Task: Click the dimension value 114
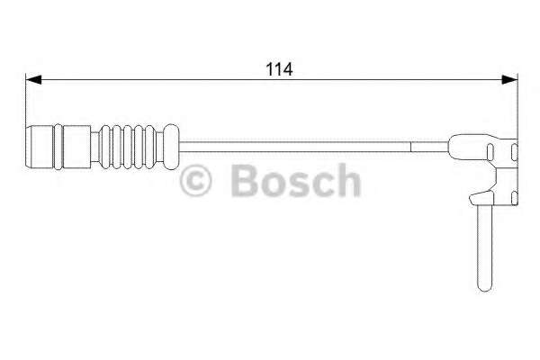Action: pyautogui.click(x=270, y=68)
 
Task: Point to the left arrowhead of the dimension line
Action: pyautogui.click(x=31, y=80)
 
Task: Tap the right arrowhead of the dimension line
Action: pyautogui.click(x=512, y=80)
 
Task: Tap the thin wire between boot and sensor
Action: pyautogui.click(x=297, y=142)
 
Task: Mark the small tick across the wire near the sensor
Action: pyautogui.click(x=411, y=142)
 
